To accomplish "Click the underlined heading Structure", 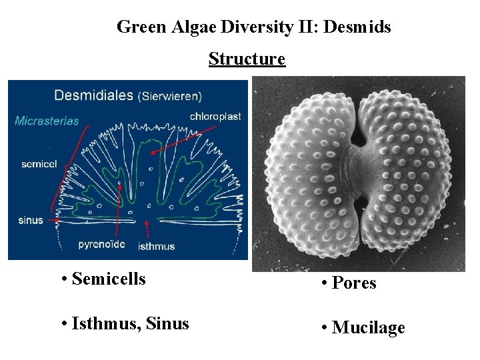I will pos(247,59).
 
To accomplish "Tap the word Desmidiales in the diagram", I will pos(93,95).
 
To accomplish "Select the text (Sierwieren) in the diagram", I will pos(169,96).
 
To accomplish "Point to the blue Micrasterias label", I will pos(47,121).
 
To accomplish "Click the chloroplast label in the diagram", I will pos(215,116).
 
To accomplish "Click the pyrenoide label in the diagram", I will pos(102,244).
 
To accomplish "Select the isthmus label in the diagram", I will pos(156,246).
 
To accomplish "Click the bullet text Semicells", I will pos(108,279).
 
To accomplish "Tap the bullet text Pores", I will pos(354,283).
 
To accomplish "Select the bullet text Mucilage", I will pos(368,327).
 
